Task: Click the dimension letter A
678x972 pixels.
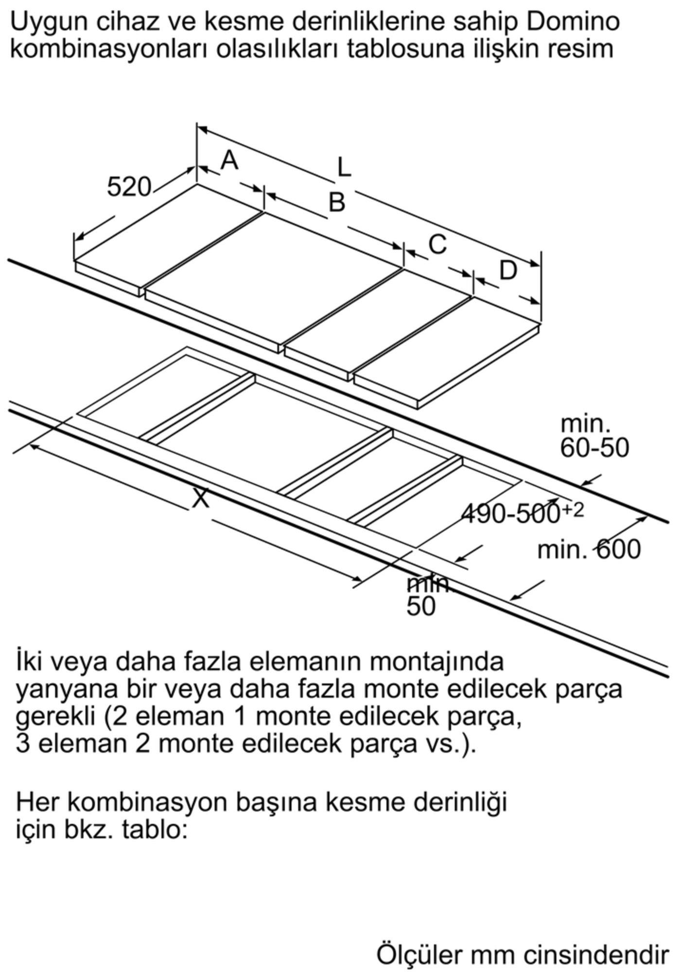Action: click(229, 160)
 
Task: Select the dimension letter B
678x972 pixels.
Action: click(336, 202)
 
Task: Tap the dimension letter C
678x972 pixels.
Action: click(437, 244)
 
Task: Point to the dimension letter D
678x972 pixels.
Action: click(508, 270)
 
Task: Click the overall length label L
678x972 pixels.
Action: click(344, 168)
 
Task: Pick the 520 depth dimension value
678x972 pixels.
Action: click(129, 187)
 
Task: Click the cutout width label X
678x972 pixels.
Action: click(201, 498)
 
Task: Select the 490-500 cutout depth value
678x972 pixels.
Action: click(510, 514)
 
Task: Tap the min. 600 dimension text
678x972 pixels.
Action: click(589, 550)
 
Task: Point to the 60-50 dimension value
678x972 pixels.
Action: click(594, 448)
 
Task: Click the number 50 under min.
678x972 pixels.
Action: click(421, 606)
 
